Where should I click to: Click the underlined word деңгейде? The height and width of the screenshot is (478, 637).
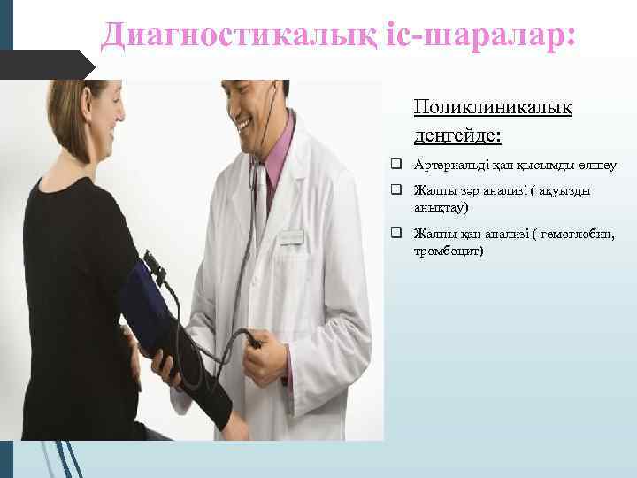[x=456, y=135]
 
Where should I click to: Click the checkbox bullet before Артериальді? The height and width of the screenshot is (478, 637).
[x=398, y=166]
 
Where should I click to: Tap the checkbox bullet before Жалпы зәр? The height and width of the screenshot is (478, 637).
[x=398, y=190]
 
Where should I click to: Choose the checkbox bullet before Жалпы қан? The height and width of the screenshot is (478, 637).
[x=398, y=234]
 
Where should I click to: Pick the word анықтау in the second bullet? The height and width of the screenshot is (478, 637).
[x=440, y=208]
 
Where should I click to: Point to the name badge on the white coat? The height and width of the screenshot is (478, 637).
[x=291, y=237]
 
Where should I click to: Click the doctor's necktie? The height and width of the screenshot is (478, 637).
[x=261, y=190]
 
